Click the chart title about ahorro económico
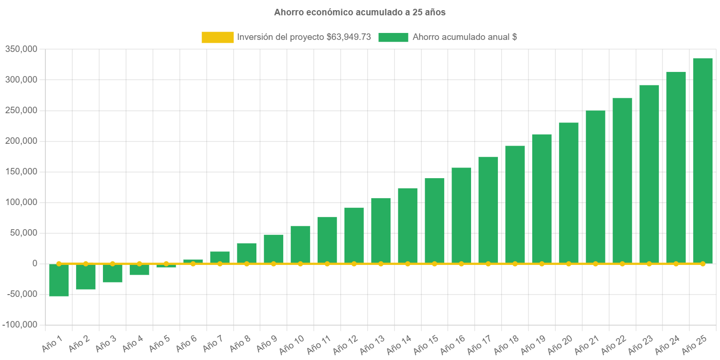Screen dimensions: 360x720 (x=360, y=13)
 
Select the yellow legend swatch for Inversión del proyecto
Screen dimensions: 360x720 (x=217, y=38)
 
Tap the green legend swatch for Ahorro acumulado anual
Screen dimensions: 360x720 (x=393, y=38)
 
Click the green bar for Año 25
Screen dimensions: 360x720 (x=702, y=160)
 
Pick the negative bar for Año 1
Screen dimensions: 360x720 (x=59, y=280)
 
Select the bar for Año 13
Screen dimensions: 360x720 (x=381, y=231)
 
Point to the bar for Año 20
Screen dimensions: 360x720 (x=568, y=193)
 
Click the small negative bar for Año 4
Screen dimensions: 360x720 (x=139, y=270)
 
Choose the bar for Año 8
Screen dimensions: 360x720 (x=247, y=253)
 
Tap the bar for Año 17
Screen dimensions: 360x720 (x=488, y=210)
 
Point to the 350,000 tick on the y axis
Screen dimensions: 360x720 (x=21, y=49)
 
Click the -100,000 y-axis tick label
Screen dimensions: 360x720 (x=19, y=325)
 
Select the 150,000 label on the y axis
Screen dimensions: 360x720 (x=21, y=172)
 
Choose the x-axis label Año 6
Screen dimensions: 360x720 (x=187, y=343)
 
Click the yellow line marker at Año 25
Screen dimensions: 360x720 (x=702, y=264)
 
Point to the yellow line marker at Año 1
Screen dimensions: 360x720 (x=59, y=264)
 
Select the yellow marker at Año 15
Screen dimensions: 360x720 (x=434, y=264)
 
